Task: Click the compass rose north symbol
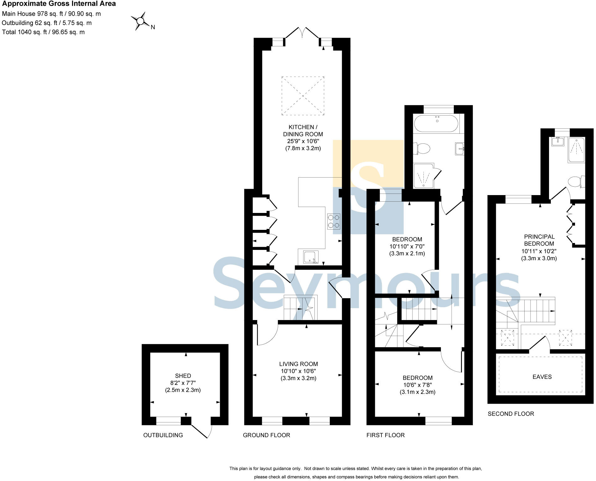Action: click(141, 21)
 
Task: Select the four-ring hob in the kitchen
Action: click(334, 221)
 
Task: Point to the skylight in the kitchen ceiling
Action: click(303, 96)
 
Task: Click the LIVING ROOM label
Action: click(298, 364)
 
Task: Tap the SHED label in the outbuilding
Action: click(183, 375)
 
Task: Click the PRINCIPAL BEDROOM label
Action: click(539, 240)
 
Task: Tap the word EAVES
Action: click(542, 377)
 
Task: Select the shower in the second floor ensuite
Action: click(576, 150)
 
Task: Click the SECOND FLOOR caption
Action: click(510, 414)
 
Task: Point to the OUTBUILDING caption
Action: click(163, 435)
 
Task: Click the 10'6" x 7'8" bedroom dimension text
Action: click(417, 385)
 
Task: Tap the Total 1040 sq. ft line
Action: click(43, 32)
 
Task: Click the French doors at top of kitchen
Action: click(302, 34)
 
